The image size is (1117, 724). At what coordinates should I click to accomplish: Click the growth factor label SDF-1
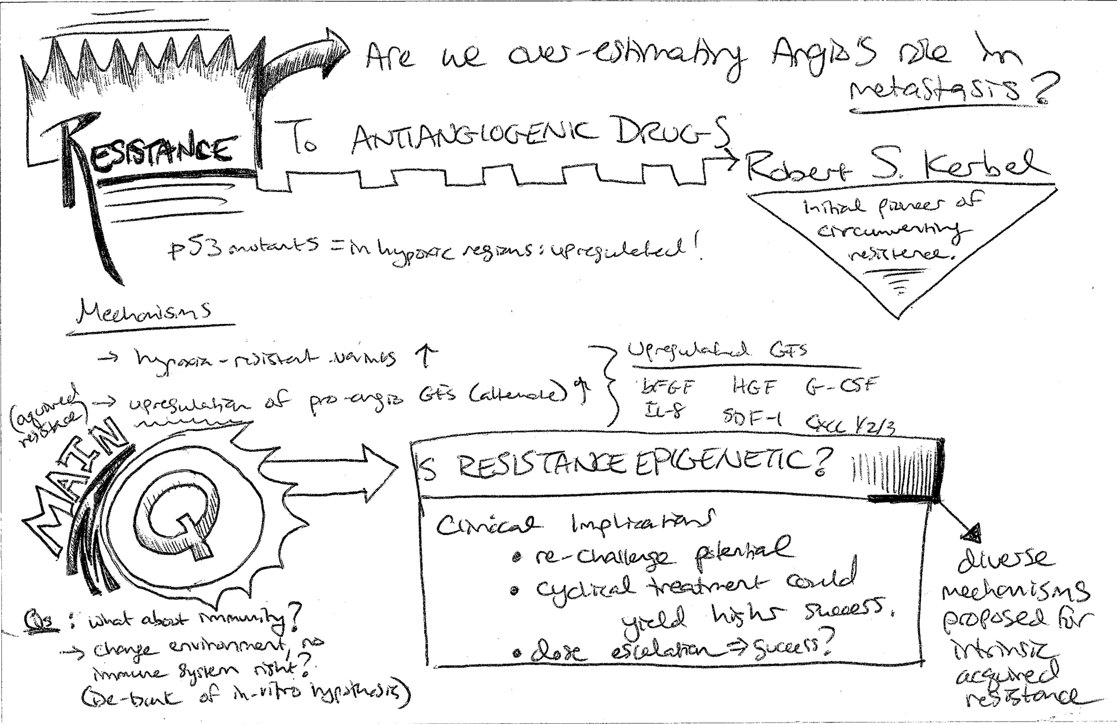[x=753, y=418]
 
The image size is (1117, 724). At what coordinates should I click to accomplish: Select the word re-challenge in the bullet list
[x=605, y=557]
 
